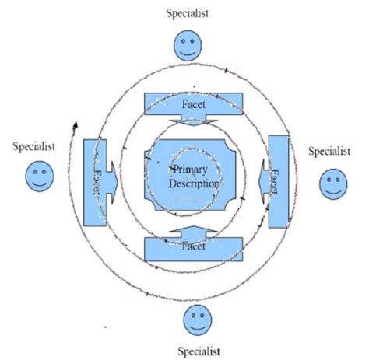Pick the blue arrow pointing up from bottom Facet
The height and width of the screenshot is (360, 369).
194,230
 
